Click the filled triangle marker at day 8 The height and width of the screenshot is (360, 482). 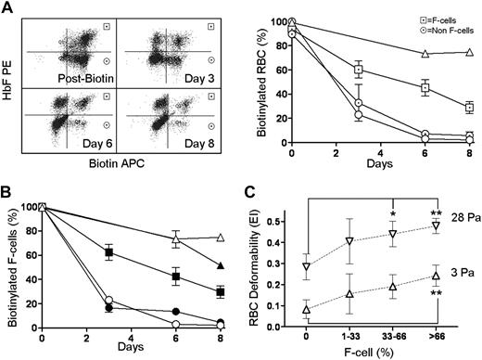220,266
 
